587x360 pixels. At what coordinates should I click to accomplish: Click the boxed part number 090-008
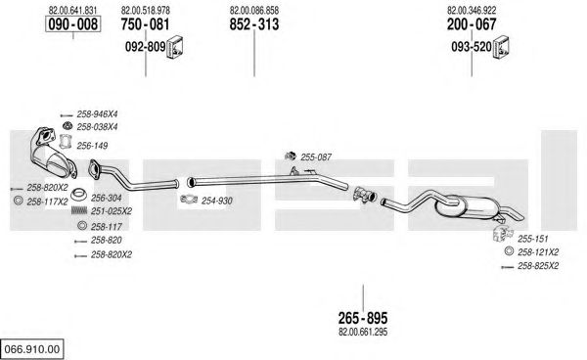click(73, 24)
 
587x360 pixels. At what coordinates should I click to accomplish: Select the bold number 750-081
click(145, 24)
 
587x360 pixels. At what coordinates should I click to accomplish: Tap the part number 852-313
click(254, 24)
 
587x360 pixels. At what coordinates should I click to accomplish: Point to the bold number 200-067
click(472, 24)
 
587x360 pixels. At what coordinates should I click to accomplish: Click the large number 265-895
click(363, 318)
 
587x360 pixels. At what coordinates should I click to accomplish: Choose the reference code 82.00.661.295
click(363, 332)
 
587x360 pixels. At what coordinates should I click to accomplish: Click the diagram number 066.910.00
click(32, 349)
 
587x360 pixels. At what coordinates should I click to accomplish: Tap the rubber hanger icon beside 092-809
click(175, 47)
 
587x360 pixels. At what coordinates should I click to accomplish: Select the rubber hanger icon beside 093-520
click(501, 47)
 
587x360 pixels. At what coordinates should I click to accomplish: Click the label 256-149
click(92, 146)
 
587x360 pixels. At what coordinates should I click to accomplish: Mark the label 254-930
click(217, 201)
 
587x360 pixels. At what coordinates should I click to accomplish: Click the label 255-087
click(316, 157)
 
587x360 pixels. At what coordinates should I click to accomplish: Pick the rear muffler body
click(468, 208)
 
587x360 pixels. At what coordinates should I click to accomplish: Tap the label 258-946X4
click(97, 114)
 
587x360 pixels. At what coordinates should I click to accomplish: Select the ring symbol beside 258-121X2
click(509, 251)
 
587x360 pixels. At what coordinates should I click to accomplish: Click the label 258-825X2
click(538, 266)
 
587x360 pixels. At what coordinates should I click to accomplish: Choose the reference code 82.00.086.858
click(254, 10)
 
